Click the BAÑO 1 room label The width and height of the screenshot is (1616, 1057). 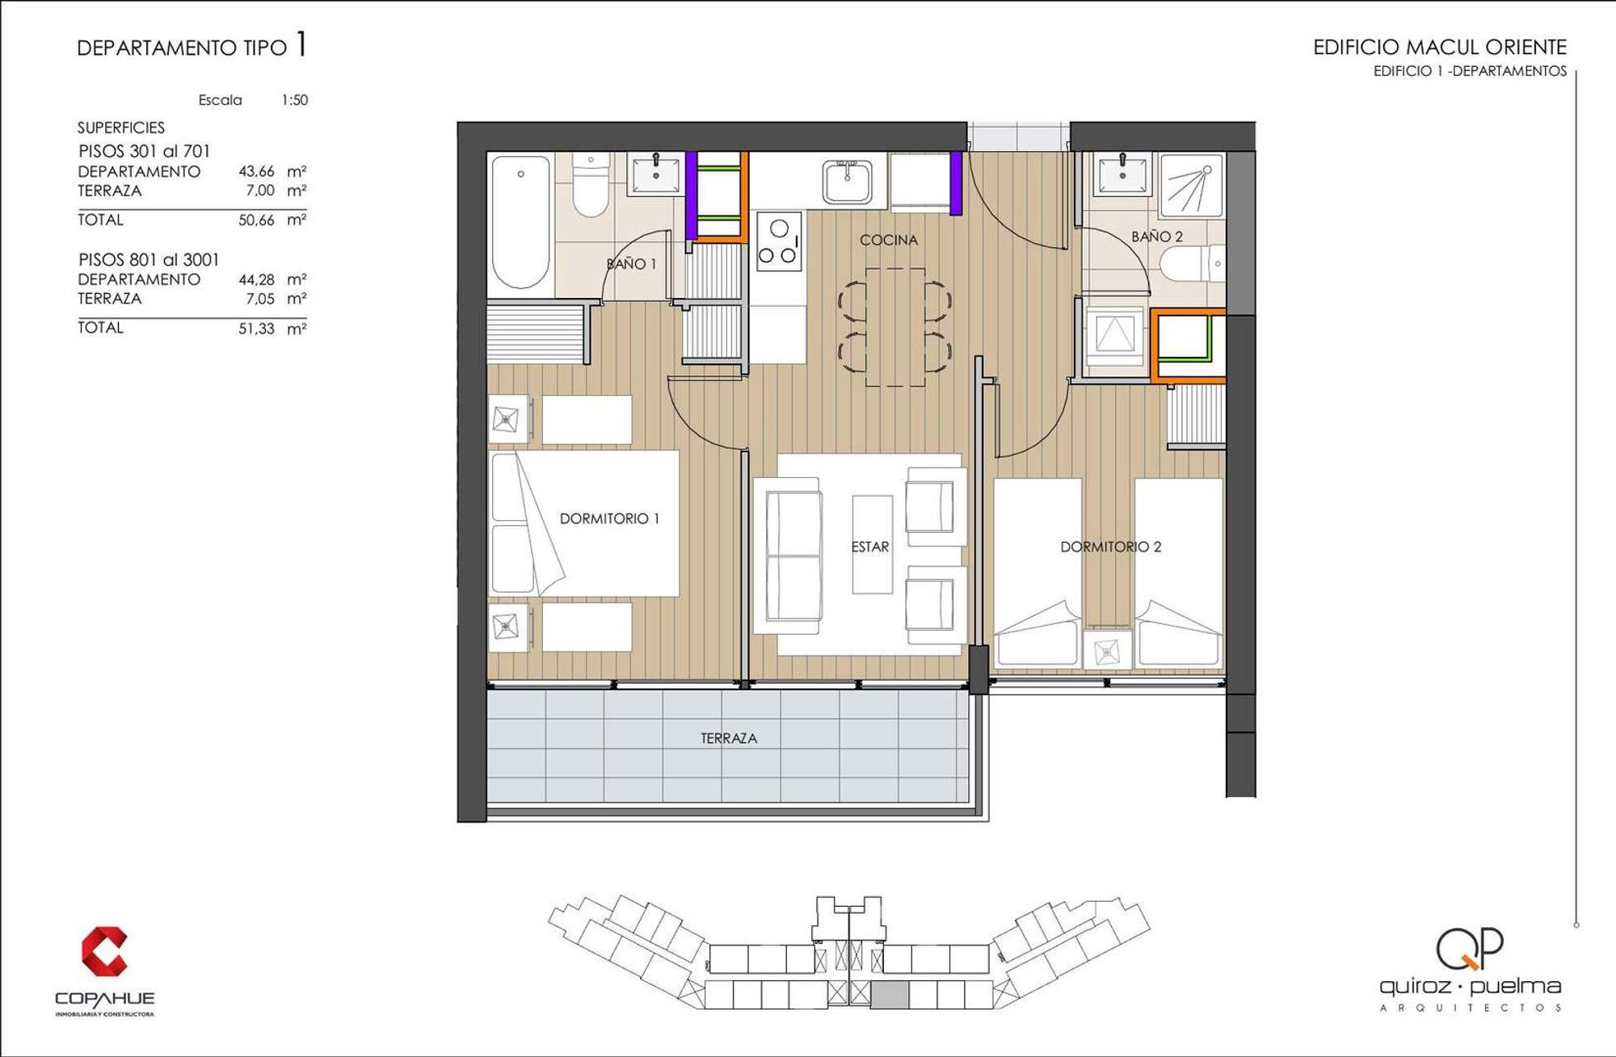coord(631,264)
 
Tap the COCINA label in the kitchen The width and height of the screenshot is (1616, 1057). coord(889,240)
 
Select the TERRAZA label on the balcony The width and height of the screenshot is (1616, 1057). coord(729,738)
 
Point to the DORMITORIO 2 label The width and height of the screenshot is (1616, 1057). coord(1110,547)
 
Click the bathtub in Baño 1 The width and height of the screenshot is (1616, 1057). coord(521,222)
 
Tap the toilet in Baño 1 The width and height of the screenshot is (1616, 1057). coord(591,185)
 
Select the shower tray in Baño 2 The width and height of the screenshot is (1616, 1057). coord(1192,186)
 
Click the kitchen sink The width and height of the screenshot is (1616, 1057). coord(848,182)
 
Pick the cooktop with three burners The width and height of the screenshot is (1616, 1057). coord(780,241)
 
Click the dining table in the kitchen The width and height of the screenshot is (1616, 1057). coord(895,327)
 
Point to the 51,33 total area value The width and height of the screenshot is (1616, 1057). coord(256,329)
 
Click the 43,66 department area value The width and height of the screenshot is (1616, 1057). coord(256,171)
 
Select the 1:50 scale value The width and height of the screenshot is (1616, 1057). coord(294,100)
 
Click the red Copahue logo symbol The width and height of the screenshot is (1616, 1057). coord(104,951)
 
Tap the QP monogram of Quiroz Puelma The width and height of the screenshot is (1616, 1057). coord(1470,949)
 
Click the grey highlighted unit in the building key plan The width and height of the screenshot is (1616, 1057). coord(890,995)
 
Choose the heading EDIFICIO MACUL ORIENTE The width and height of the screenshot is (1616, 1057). coord(1440,47)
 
